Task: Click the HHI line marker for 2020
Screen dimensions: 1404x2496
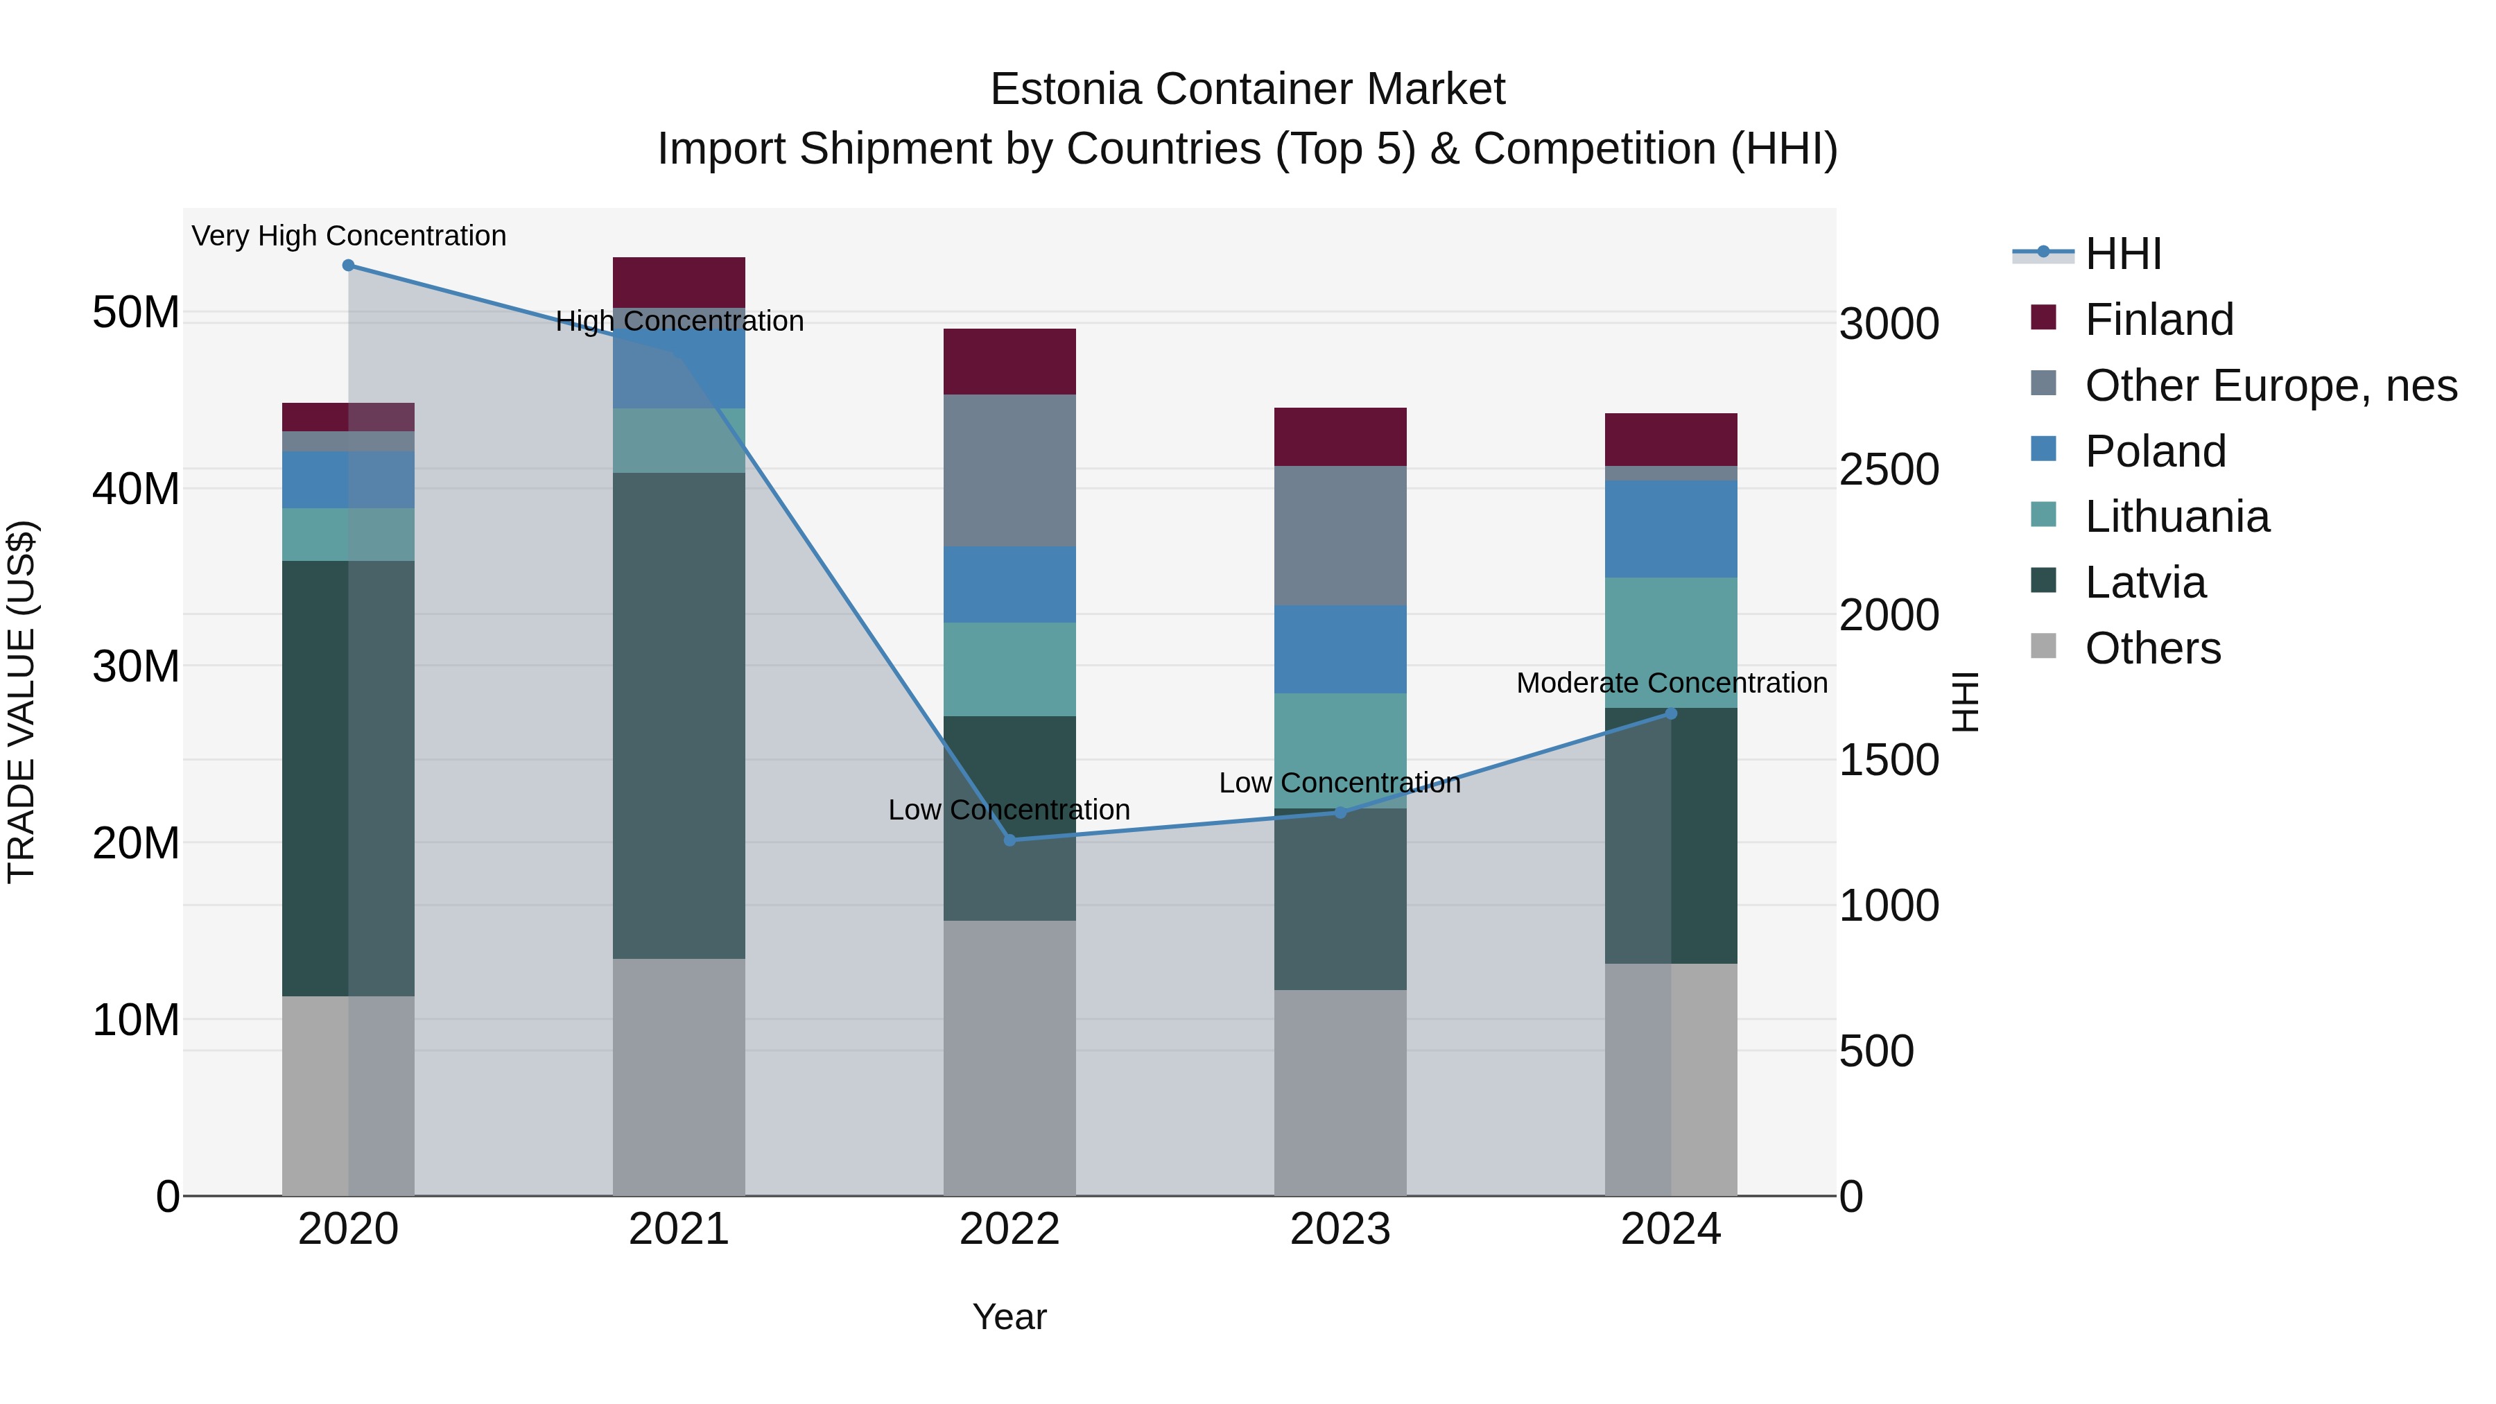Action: click(x=348, y=266)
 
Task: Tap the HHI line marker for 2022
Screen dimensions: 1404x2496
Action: click(x=1009, y=840)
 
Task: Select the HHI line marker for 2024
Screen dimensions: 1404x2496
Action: click(x=1670, y=713)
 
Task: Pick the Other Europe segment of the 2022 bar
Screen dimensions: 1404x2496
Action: click(x=1009, y=470)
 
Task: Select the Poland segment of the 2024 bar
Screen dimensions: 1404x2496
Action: click(x=1670, y=529)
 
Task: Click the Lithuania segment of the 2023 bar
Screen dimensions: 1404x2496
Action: click(x=1340, y=750)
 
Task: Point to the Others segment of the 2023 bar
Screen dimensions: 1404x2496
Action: click(x=1340, y=1092)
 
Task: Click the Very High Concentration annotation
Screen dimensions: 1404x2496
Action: click(x=349, y=236)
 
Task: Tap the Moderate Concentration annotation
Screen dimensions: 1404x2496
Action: click(x=1672, y=683)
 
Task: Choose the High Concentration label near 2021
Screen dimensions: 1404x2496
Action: click(x=679, y=322)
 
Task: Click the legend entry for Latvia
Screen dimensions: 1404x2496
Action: click(x=2144, y=582)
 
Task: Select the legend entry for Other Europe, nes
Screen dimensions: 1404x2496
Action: click(x=2270, y=385)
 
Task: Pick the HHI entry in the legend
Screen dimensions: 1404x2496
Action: click(x=2122, y=254)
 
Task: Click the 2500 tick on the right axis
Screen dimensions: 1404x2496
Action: click(x=1889, y=470)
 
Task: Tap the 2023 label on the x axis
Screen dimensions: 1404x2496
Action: click(x=1340, y=1229)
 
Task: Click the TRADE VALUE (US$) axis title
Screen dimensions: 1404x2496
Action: click(x=21, y=702)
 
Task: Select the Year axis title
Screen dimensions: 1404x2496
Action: click(x=1009, y=1317)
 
